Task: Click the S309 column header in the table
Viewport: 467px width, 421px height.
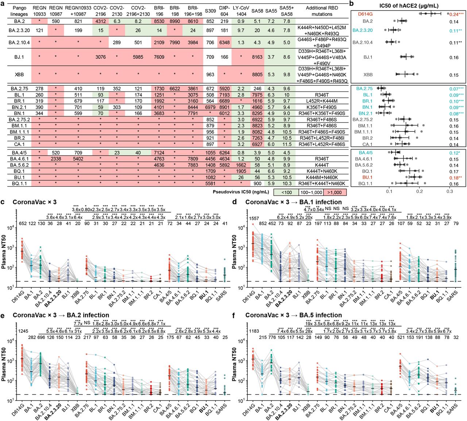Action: tap(210, 11)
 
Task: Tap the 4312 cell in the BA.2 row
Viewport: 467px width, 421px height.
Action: tap(100, 22)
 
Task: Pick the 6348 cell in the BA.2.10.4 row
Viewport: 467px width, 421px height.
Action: tap(224, 42)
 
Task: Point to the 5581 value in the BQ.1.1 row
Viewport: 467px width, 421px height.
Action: tap(210, 184)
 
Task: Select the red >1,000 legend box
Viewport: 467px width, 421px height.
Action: tap(334, 192)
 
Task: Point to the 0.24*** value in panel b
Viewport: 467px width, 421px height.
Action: tap(456, 14)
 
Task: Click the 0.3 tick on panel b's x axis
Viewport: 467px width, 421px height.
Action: tap(449, 192)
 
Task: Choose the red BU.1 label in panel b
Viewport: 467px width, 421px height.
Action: tap(367, 177)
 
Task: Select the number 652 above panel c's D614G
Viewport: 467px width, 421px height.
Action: tap(23, 224)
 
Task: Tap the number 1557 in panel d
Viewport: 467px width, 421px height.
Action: tap(254, 218)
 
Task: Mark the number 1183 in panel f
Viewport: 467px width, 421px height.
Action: tap(254, 331)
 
